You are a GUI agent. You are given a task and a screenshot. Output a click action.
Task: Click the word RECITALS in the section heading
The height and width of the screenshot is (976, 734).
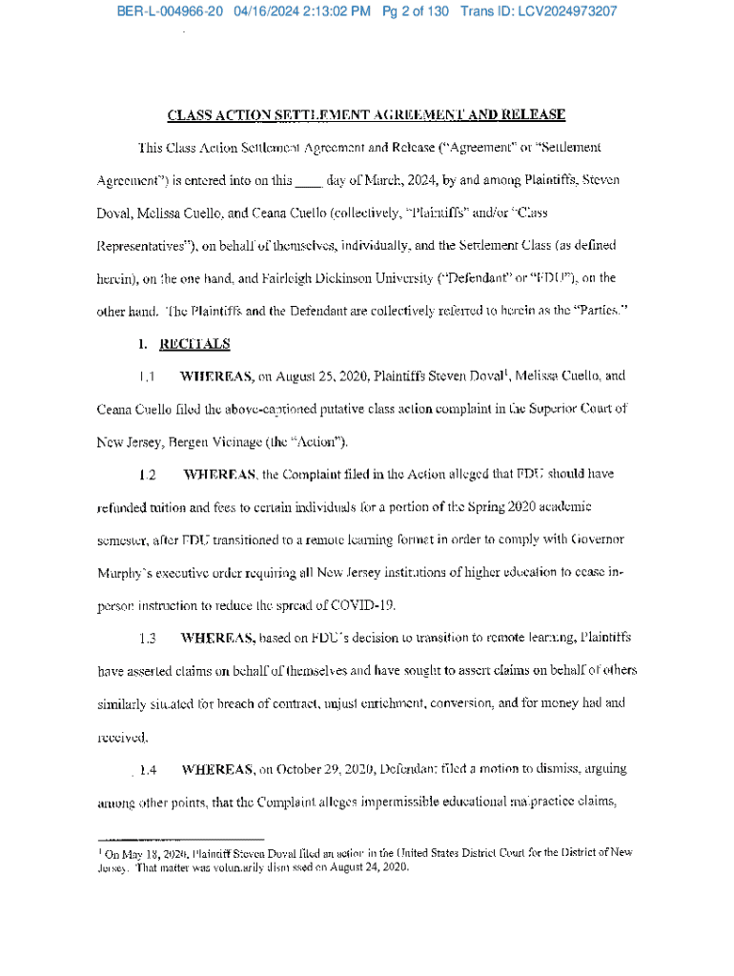(x=194, y=343)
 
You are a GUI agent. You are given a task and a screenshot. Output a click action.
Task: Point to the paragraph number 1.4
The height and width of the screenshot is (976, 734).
(x=149, y=769)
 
